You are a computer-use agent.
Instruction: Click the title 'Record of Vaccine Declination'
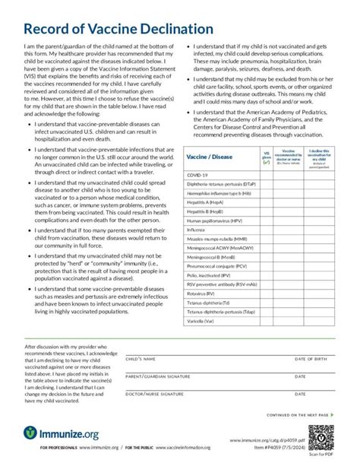[118, 29]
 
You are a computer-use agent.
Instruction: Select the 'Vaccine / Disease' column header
[210, 157]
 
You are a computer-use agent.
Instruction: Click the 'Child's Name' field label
[141, 358]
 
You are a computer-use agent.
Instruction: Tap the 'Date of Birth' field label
[311, 358]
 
